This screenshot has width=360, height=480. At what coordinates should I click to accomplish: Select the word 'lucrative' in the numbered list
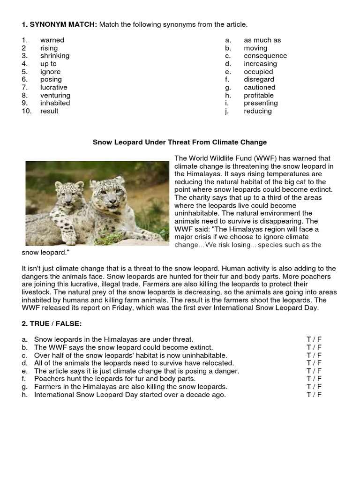tap(53, 87)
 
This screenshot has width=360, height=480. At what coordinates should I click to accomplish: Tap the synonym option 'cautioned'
tap(259, 87)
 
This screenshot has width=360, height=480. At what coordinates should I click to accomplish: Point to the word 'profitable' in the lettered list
tap(259, 95)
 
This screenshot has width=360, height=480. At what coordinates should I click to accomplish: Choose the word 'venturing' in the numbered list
tap(55, 95)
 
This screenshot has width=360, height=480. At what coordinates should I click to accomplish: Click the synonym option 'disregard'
tap(259, 80)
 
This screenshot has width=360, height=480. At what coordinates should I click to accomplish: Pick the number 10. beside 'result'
tap(27, 111)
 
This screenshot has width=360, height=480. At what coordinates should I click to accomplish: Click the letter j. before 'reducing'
tap(227, 111)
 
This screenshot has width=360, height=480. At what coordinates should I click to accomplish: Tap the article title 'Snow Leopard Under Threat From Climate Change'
tap(180, 142)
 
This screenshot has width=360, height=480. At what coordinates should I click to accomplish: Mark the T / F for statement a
tap(314, 339)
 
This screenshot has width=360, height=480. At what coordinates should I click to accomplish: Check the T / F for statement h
tap(314, 395)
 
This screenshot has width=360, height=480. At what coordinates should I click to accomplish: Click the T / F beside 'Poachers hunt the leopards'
tap(314, 379)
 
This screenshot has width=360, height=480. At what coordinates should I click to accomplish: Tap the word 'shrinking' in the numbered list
tap(54, 56)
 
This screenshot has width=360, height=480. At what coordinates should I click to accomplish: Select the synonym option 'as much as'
tap(262, 40)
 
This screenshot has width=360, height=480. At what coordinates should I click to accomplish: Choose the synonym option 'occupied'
tap(258, 72)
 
